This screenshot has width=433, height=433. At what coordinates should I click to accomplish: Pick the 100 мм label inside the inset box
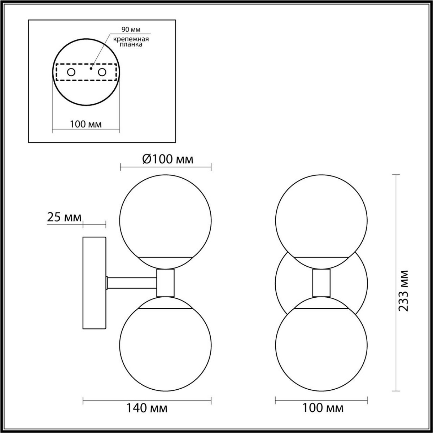click(86, 124)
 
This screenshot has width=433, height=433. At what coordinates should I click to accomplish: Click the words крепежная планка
click(126, 42)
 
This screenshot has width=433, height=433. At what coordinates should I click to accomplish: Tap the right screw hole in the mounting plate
click(102, 72)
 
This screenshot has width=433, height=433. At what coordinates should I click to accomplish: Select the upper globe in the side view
click(166, 216)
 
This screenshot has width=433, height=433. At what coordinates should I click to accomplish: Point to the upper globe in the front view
click(321, 216)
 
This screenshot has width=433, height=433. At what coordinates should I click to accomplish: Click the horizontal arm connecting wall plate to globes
click(132, 283)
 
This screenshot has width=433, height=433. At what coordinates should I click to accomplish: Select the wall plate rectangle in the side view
click(94, 283)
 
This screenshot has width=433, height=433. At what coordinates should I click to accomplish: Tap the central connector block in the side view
click(166, 283)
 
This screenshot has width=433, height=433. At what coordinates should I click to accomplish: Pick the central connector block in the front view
click(321, 283)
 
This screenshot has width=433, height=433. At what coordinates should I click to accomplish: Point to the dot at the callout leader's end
click(91, 68)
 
